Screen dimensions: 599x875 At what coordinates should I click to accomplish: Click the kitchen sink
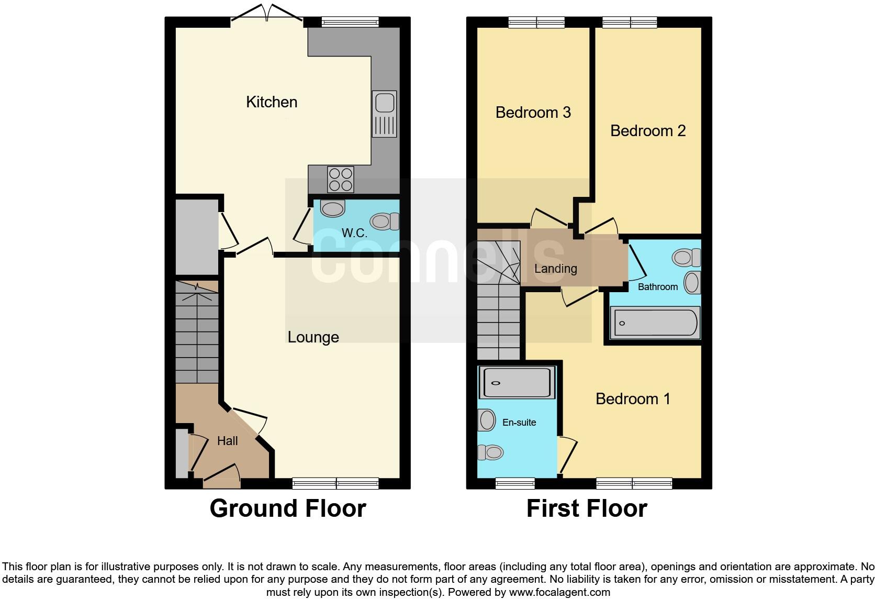pyautogui.click(x=384, y=114)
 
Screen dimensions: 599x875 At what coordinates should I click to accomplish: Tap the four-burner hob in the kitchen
pyautogui.click(x=340, y=179)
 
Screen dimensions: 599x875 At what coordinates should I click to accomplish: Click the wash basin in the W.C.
pyautogui.click(x=333, y=208)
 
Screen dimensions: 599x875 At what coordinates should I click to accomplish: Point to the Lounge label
pyautogui.click(x=313, y=337)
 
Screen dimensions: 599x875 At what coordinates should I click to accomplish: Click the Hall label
pyautogui.click(x=227, y=441)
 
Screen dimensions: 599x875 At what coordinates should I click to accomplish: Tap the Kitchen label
pyautogui.click(x=272, y=102)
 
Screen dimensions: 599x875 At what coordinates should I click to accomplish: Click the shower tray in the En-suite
pyautogui.click(x=517, y=383)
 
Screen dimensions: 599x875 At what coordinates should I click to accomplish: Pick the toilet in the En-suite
pyautogui.click(x=490, y=452)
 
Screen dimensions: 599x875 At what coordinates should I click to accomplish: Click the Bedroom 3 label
pyautogui.click(x=533, y=112)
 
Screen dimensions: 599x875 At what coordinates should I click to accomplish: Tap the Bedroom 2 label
pyautogui.click(x=647, y=130)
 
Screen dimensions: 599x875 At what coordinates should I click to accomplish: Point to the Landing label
pyautogui.click(x=555, y=269)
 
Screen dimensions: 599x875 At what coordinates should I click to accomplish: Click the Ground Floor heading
pyautogui.click(x=288, y=508)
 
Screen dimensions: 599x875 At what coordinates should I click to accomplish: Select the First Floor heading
pyautogui.click(x=586, y=508)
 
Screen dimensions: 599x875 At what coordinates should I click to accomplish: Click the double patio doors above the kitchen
pyautogui.click(x=267, y=14)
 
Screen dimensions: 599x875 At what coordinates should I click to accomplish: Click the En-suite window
pyautogui.click(x=515, y=483)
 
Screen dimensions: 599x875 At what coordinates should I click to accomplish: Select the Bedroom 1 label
pyautogui.click(x=632, y=398)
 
